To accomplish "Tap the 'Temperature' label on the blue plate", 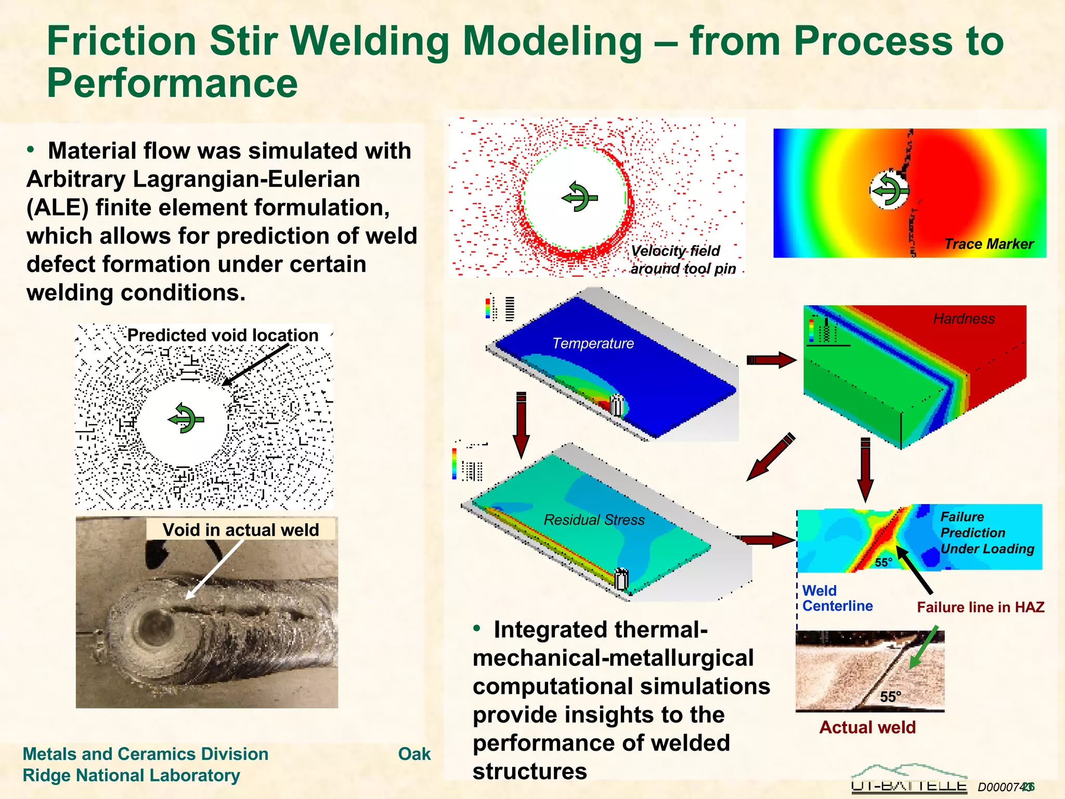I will click(593, 343).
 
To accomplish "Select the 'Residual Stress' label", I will click(594, 520).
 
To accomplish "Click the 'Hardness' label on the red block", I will click(964, 319).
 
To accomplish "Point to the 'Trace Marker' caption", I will click(989, 244).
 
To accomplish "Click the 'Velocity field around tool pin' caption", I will click(683, 260).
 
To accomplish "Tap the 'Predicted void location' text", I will click(223, 335).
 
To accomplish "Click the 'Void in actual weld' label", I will click(240, 530).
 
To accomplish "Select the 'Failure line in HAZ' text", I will click(980, 607).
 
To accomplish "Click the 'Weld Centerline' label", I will click(837, 598).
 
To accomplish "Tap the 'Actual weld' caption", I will click(867, 727).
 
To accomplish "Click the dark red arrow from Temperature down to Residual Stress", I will click(521, 424).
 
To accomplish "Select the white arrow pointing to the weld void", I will click(214, 570).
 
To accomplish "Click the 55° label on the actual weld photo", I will click(890, 697).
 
